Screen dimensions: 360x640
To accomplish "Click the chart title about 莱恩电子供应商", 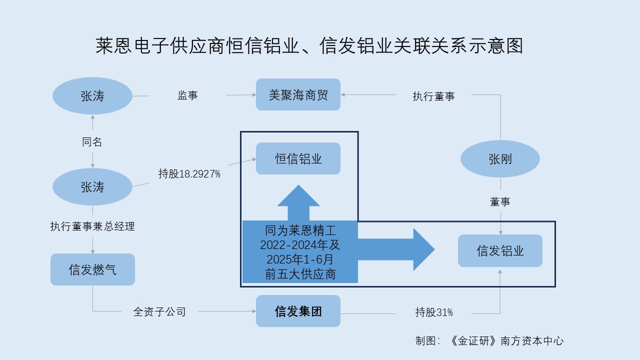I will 309,46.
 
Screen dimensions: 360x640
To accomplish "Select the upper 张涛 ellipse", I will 92,96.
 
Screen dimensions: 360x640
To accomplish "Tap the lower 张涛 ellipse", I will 92,187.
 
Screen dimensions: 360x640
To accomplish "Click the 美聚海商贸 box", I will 298,94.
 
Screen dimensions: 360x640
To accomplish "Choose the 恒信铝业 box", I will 298,158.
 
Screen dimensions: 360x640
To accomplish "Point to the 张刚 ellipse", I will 500,159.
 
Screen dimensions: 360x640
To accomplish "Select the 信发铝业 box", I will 500,250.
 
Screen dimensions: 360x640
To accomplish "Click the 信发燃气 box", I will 92,269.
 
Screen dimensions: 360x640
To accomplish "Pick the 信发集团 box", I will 298,311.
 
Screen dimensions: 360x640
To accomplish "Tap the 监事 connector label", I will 187,95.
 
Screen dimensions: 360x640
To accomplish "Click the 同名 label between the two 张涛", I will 92,142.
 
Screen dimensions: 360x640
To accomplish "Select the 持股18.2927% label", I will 189,174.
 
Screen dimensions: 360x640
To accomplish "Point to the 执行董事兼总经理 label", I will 92,226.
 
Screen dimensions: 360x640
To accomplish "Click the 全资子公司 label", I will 159,312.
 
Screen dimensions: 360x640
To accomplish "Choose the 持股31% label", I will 433,312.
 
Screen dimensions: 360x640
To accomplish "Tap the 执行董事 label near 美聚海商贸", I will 433,96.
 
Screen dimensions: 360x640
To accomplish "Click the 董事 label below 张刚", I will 500,202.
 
